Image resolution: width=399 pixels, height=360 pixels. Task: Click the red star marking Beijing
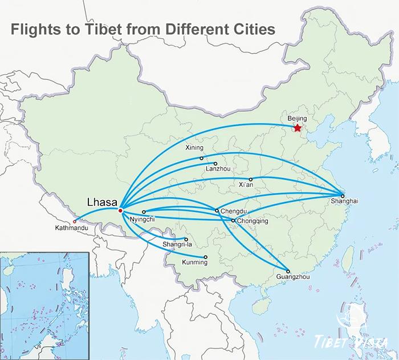tap(298, 128)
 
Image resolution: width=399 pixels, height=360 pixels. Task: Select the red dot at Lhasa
tap(120, 211)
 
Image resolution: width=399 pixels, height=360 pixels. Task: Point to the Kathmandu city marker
tap(75, 221)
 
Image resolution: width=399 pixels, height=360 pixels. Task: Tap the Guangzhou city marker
tap(288, 271)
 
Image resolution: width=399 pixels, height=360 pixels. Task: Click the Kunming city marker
tap(205, 257)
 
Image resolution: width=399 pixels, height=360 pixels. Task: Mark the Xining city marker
tap(201, 158)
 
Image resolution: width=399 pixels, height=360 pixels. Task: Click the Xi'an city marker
tap(250, 179)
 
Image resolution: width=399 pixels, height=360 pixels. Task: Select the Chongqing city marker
tap(233, 220)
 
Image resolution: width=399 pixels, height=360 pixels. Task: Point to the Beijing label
tap(298, 118)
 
